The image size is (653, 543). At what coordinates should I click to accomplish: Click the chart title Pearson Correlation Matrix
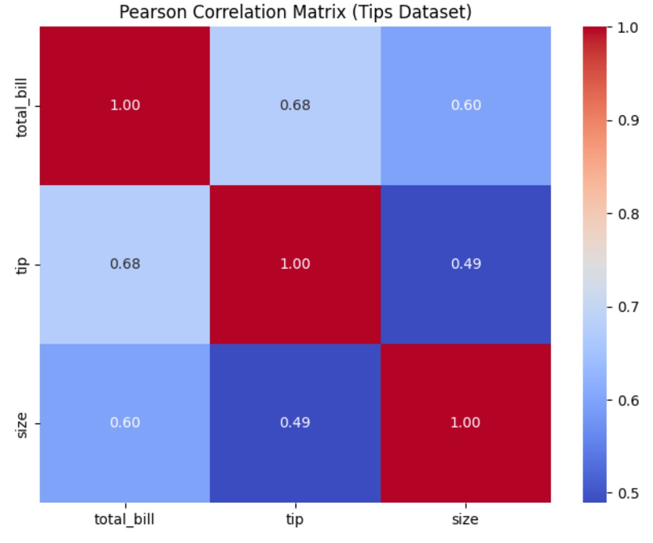tap(295, 12)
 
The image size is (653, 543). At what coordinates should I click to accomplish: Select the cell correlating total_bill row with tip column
tap(295, 106)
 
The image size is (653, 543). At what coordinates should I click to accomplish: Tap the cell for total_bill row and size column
tap(466, 106)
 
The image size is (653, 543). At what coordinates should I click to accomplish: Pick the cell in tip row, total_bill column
tap(125, 264)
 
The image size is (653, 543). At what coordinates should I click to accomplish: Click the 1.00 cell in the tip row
tap(295, 264)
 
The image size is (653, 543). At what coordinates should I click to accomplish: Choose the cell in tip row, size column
tap(466, 264)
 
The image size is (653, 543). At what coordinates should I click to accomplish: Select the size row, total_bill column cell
tap(125, 423)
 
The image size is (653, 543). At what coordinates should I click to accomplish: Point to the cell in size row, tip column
tap(295, 423)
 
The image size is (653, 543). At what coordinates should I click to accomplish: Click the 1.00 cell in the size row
tap(466, 423)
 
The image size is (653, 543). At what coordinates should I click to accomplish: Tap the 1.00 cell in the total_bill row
tap(125, 106)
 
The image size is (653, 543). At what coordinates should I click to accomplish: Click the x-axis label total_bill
tap(125, 520)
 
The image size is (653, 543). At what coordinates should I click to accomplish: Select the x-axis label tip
tap(295, 520)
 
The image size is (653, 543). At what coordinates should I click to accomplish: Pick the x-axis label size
tap(466, 520)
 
